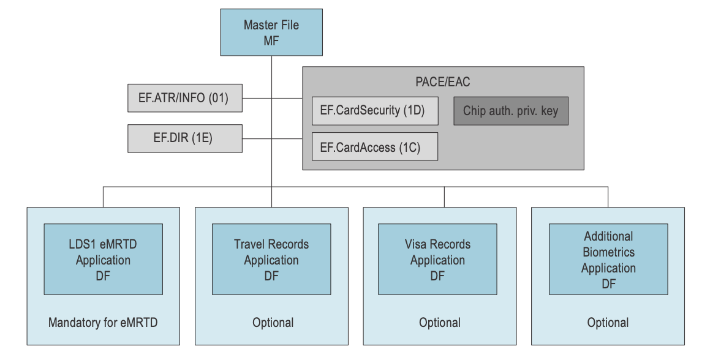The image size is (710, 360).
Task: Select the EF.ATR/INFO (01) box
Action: tap(185, 98)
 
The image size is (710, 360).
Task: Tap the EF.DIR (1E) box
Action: tap(185, 138)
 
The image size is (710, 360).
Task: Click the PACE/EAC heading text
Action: tap(442, 81)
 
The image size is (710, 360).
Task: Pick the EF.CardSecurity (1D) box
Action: tap(375, 111)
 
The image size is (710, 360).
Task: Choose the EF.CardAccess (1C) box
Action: tap(375, 147)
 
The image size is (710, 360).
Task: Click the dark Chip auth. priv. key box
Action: tap(510, 111)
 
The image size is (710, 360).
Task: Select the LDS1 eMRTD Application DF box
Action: tap(103, 260)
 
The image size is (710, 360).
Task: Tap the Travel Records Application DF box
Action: tap(271, 260)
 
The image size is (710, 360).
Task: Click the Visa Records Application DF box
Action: tap(437, 260)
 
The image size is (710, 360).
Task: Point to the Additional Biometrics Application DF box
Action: tap(608, 260)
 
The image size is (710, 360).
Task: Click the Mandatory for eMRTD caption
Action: tap(103, 323)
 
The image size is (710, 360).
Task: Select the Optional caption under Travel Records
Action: tap(273, 323)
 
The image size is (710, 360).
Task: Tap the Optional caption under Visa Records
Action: tap(440, 323)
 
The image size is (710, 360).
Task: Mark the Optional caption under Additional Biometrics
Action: tap(608, 323)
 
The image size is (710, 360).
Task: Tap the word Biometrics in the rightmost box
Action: tap(608, 252)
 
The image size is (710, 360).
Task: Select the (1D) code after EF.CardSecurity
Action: tap(414, 111)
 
